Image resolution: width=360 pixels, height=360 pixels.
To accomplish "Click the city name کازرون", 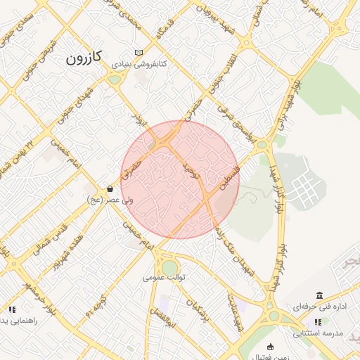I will [x=84, y=58].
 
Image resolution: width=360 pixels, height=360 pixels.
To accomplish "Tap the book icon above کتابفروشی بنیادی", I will [x=139, y=53].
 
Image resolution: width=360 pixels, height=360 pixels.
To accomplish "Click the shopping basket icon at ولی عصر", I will [x=110, y=188].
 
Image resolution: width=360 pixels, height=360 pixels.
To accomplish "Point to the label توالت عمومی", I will [x=164, y=277].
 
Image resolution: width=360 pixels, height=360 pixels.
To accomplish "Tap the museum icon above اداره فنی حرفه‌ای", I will [x=320, y=295].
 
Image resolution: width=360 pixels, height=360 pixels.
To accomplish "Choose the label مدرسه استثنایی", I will [x=317, y=333].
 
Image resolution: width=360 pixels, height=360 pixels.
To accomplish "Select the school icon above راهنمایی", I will [x=11, y=309].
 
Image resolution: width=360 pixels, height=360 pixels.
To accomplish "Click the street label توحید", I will [x=192, y=169].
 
